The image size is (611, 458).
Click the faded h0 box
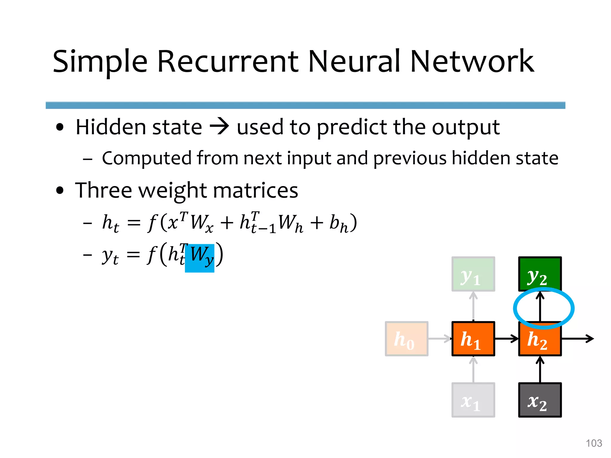click(x=407, y=339)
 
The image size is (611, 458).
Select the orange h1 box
click(x=473, y=339)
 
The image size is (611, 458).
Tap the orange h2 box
click(x=540, y=340)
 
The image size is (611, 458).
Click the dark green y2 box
click(x=540, y=274)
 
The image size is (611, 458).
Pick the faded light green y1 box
click(x=473, y=274)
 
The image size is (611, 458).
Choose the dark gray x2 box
click(x=540, y=400)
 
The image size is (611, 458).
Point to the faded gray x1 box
click(x=473, y=400)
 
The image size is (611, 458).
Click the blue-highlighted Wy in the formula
click(x=200, y=258)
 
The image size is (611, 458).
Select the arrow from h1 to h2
click(x=507, y=339)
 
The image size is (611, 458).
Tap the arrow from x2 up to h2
click(x=540, y=370)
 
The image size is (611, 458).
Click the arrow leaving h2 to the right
click(x=577, y=339)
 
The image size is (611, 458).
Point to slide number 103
click(x=594, y=443)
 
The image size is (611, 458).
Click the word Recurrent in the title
click(x=228, y=61)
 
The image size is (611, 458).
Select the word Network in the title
click(x=472, y=61)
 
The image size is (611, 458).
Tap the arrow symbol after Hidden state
click(x=219, y=127)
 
